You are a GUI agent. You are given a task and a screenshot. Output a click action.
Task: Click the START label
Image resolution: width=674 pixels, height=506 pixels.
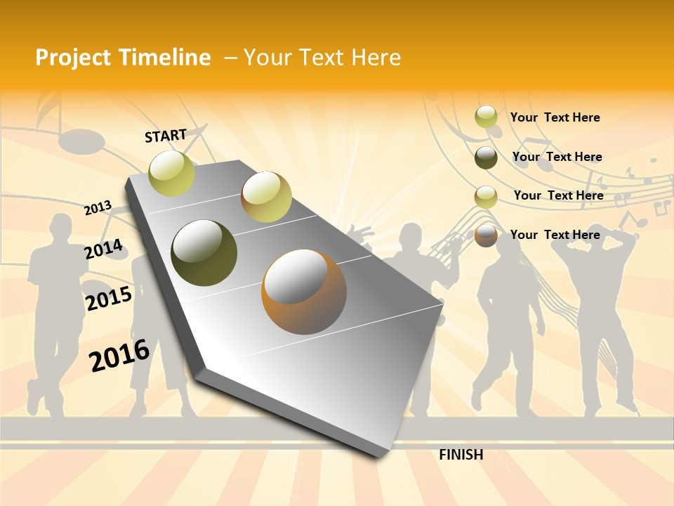click(x=166, y=136)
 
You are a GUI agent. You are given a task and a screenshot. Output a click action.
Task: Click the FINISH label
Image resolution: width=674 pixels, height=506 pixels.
click(x=461, y=455)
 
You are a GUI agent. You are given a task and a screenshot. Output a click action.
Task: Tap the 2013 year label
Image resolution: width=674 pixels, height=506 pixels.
click(x=98, y=208)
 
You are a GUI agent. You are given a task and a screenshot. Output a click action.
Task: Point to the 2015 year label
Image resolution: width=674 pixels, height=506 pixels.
click(x=108, y=299)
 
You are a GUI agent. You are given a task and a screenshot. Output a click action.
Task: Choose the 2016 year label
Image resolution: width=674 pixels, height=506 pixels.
click(x=119, y=355)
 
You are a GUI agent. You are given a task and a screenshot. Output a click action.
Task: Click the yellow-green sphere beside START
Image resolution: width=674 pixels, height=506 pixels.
click(x=171, y=173)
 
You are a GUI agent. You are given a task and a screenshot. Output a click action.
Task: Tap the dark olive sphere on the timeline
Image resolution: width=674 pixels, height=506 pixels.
click(x=204, y=253)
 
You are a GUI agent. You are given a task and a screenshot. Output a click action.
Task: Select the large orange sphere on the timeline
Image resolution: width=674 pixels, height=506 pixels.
click(x=304, y=292)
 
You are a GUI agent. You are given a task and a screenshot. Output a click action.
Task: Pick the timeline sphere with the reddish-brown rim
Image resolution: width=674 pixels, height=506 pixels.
click(x=266, y=197)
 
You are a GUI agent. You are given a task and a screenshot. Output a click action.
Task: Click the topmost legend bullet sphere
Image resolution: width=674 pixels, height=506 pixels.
click(x=486, y=117)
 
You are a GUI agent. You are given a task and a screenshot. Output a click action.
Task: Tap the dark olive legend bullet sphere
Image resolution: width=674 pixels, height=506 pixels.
click(x=486, y=157)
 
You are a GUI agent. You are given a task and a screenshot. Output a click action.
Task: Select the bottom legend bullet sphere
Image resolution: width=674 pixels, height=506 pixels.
click(x=486, y=235)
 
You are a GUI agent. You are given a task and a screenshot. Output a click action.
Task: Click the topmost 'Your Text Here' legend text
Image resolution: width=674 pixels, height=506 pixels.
click(x=555, y=117)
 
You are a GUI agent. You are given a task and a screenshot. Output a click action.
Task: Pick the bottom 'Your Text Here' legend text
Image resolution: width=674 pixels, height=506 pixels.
click(x=555, y=235)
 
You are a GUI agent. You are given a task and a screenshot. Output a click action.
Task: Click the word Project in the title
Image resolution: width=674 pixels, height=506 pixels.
click(x=74, y=58)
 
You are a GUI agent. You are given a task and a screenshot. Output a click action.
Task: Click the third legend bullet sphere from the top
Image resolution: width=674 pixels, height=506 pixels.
click(x=486, y=197)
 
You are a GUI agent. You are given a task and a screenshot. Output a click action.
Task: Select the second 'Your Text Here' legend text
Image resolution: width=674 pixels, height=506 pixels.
click(x=557, y=157)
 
